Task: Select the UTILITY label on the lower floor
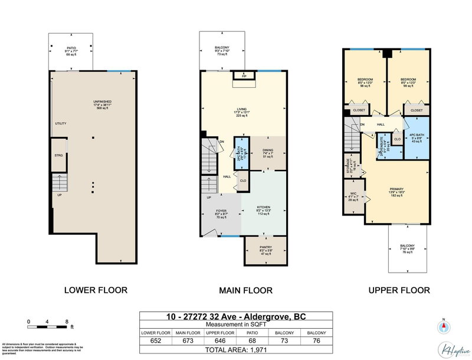[61, 123]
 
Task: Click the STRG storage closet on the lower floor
[58, 155]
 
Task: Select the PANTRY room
[266, 250]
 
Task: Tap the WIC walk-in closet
[353, 197]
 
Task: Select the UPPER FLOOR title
[399, 290]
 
